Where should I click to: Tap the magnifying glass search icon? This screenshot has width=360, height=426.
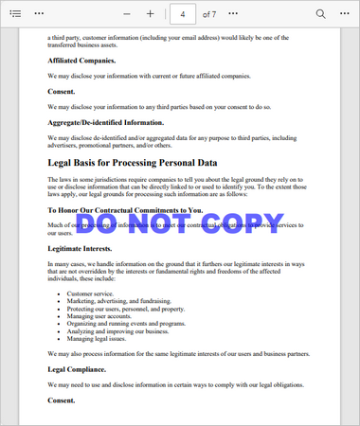[x=320, y=14]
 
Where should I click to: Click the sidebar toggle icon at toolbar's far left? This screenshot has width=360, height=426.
[x=14, y=14]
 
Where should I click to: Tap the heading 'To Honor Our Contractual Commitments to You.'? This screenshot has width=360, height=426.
[x=125, y=210]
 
